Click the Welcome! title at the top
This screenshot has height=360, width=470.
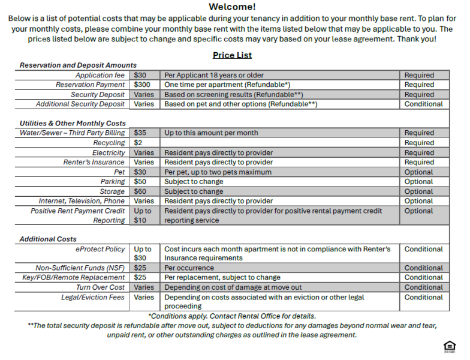click(232, 7)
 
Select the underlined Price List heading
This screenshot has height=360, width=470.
click(232, 55)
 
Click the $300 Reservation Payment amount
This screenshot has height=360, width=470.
click(143, 85)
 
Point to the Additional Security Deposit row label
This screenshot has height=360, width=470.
click(80, 104)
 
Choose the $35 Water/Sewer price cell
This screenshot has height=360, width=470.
click(140, 133)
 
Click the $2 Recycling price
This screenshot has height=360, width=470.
click(138, 143)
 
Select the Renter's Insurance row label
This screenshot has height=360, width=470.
click(94, 162)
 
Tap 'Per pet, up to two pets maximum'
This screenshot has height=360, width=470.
click(218, 172)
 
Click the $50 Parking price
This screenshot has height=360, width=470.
click(140, 182)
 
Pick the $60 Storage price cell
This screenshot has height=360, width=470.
click(140, 191)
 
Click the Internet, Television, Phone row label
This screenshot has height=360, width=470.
click(82, 201)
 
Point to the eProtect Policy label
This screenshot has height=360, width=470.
click(101, 249)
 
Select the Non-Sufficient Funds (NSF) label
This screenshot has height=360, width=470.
click(80, 268)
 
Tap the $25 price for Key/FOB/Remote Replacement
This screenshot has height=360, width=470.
click(140, 278)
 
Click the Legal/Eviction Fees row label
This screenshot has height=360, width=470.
click(93, 297)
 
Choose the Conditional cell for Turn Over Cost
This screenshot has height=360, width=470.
click(423, 287)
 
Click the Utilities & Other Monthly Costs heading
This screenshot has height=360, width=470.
click(73, 123)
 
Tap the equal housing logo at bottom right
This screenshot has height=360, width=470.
click(448, 346)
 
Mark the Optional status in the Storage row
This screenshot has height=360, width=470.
click(418, 191)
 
